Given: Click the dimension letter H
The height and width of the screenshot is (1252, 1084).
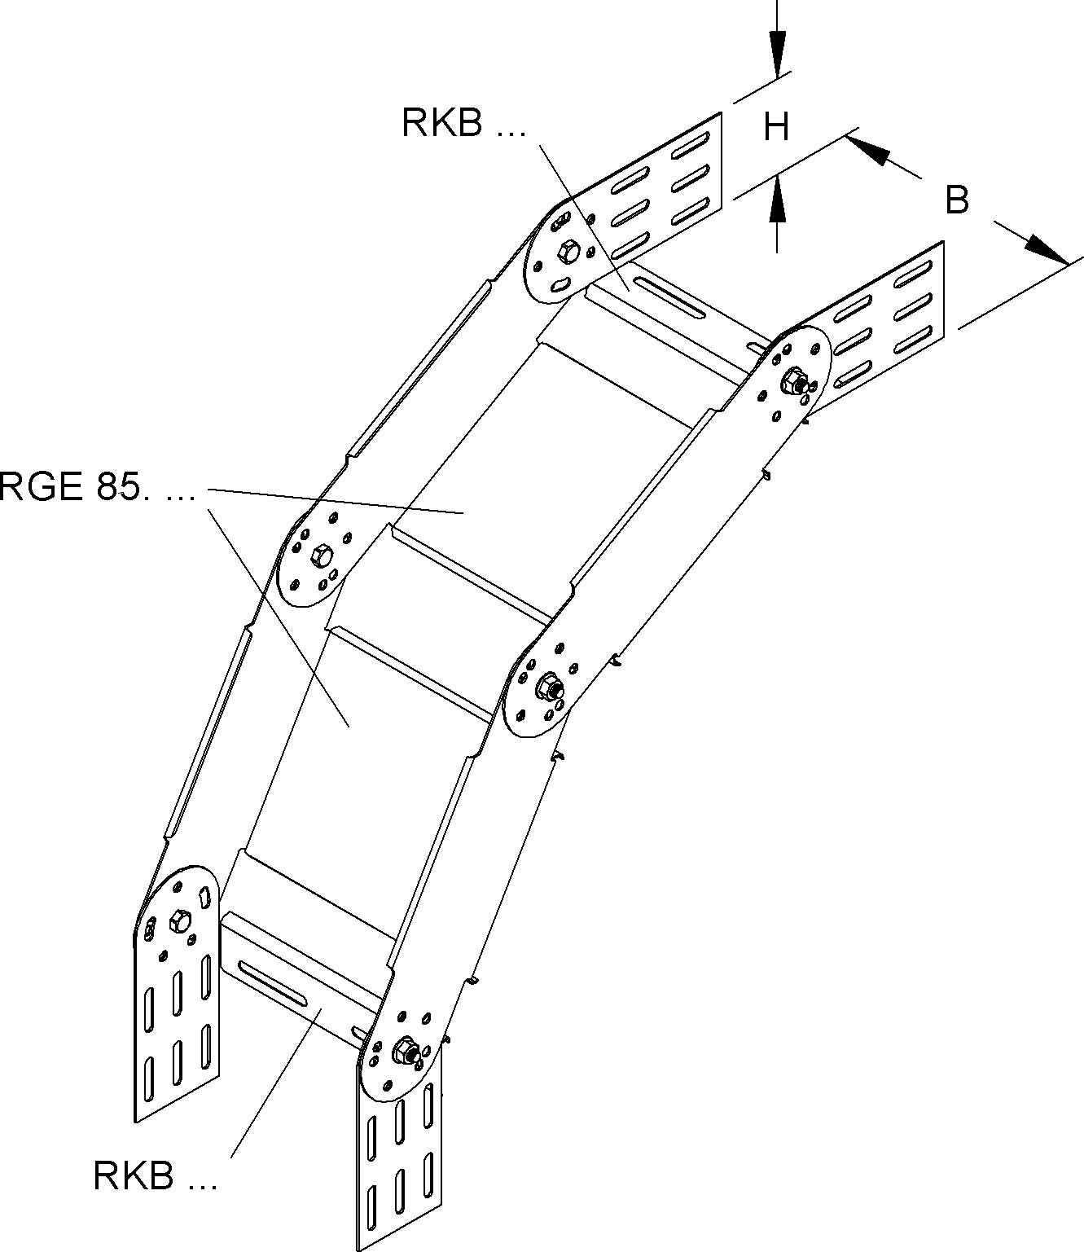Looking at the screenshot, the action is click(776, 127).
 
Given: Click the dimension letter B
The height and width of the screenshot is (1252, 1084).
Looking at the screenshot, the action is click(957, 200).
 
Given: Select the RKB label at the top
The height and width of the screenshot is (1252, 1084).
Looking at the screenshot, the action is click(463, 123).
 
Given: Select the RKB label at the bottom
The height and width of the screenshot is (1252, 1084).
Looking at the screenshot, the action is click(155, 1175).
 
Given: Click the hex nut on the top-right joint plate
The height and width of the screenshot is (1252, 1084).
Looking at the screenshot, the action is click(793, 381).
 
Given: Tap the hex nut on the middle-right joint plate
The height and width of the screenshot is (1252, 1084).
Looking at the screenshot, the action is click(549, 685).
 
